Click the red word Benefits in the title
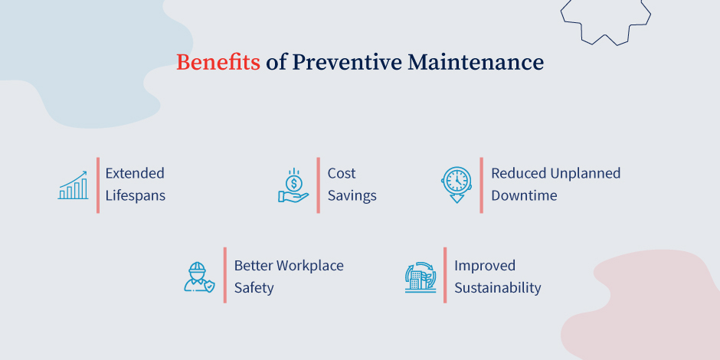[218, 63]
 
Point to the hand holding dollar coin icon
[293, 186]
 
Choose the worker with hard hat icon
[199, 277]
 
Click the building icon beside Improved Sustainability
[420, 277]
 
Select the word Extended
[135, 173]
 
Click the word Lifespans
[136, 195]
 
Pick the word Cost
[342, 173]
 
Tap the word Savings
[352, 195]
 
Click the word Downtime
[524, 195]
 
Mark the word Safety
[254, 288]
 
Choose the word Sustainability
[498, 288]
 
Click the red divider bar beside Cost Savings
[318, 185]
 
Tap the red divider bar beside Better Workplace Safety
[224, 275]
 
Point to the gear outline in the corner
[605, 17]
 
